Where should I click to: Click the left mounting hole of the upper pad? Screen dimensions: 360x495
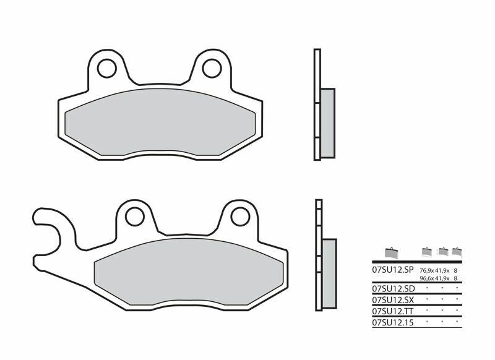(106, 67)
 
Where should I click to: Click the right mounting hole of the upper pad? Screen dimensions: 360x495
(212, 67)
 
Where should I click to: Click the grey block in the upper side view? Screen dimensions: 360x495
(327, 122)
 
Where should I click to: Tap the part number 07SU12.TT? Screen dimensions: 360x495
(392, 311)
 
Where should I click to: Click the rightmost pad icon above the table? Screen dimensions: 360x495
(457, 252)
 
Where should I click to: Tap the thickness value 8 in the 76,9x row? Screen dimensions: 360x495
(456, 271)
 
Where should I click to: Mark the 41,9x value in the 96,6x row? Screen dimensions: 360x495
(442, 278)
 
